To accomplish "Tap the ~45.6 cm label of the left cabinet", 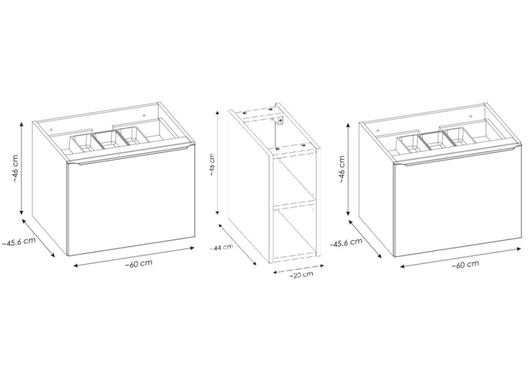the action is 19,242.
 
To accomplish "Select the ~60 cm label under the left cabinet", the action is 138,263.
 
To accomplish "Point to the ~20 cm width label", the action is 301,274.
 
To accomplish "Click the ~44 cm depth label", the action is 221,247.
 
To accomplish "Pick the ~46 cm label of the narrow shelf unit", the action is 212,165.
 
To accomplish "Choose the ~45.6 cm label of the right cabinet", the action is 346,242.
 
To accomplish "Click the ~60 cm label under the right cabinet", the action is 465,264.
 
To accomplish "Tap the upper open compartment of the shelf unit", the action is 294,179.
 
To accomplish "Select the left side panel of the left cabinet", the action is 50,188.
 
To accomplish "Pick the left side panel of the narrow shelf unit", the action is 249,186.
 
